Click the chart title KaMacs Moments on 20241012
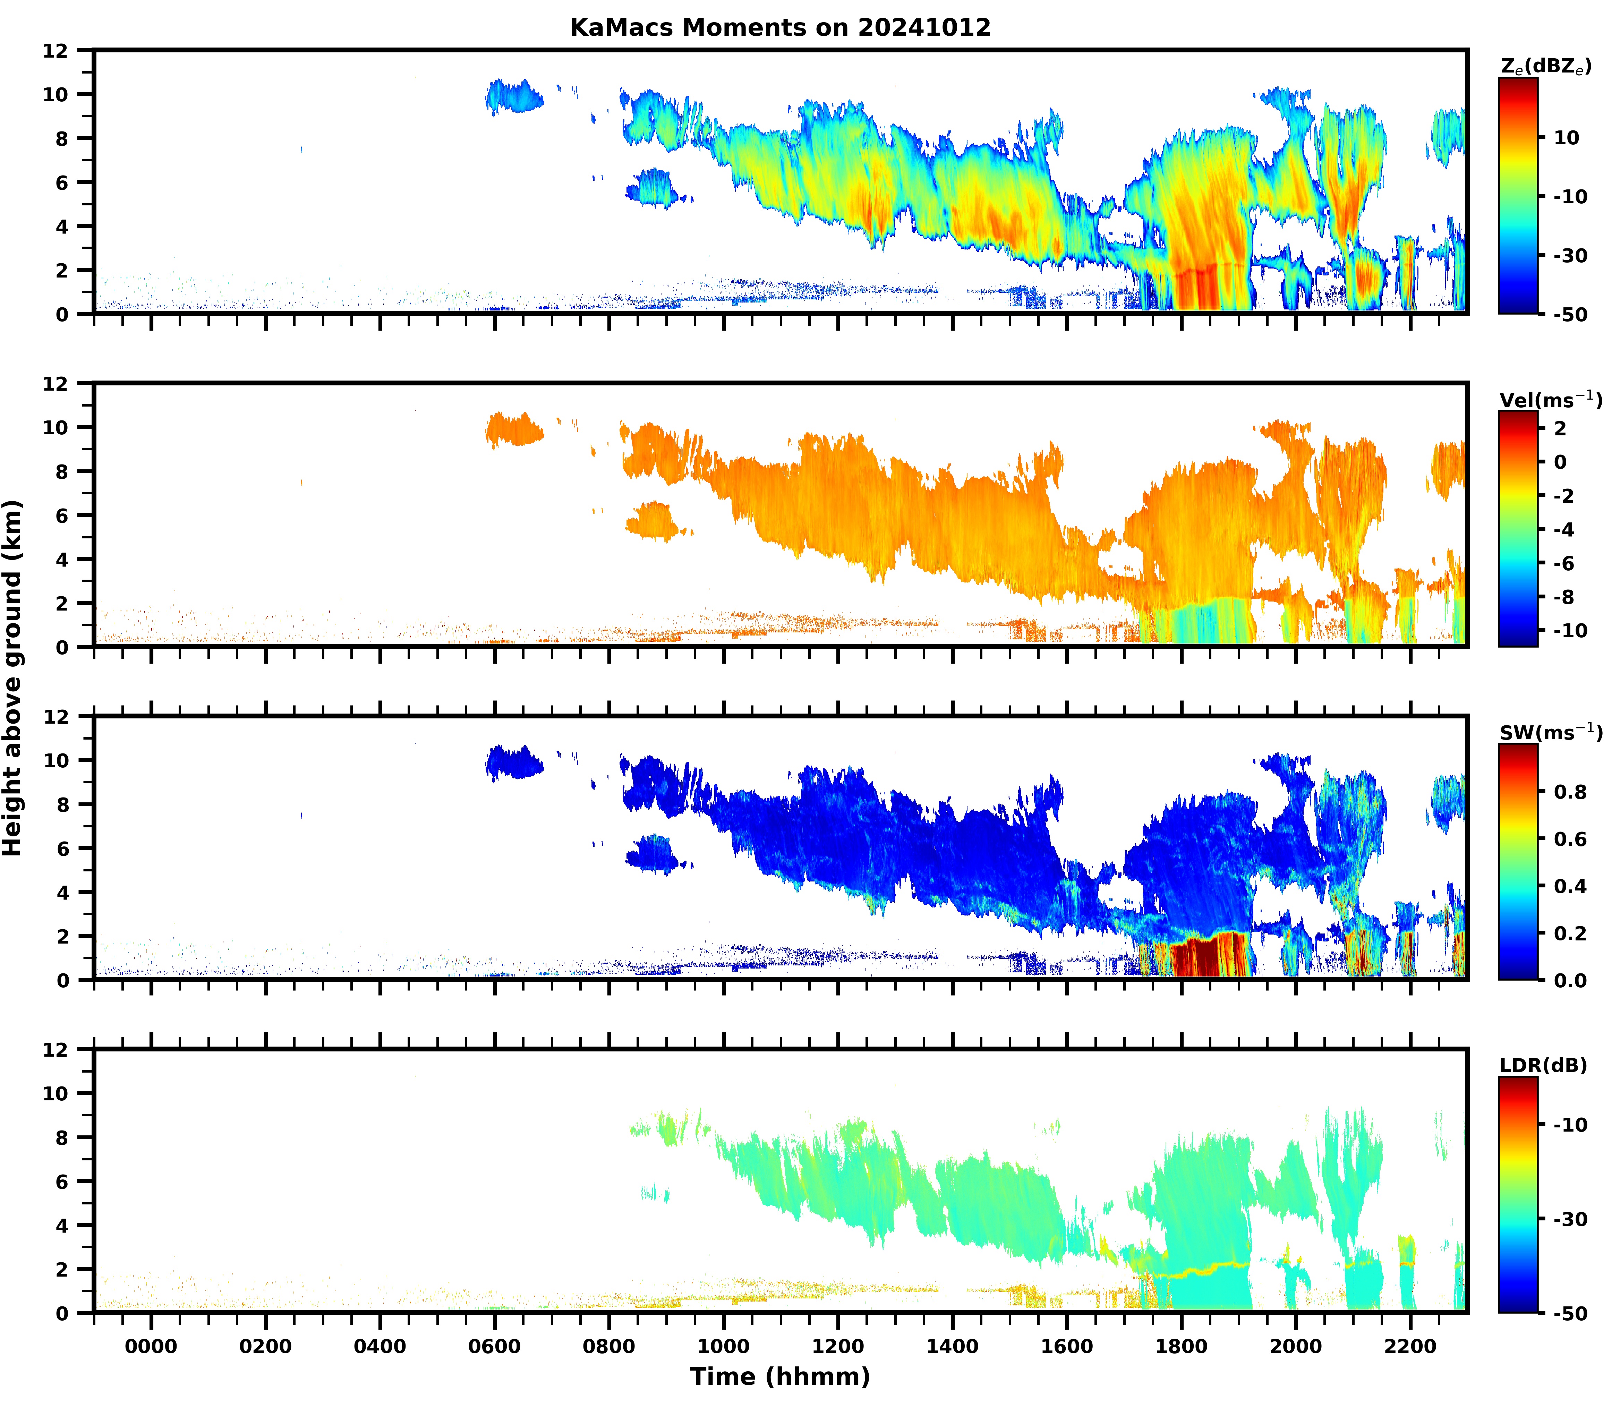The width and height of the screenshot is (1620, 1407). tap(780, 27)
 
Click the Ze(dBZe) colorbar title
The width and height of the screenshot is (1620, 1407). tap(1545, 67)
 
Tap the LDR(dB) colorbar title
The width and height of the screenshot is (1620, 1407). tap(1543, 1065)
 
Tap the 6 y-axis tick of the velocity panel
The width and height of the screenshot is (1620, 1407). tap(61, 515)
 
